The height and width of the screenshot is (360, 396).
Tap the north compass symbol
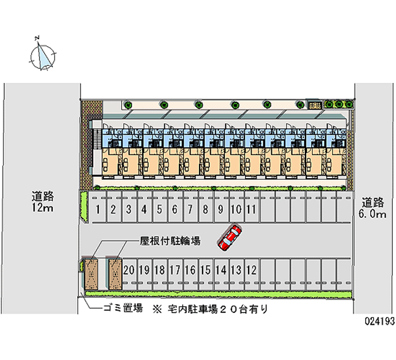[44, 54]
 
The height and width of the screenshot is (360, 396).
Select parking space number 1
[99, 209]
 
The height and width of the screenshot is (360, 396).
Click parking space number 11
[251, 209]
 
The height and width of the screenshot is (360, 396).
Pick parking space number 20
[129, 270]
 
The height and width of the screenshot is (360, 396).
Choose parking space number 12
[251, 270]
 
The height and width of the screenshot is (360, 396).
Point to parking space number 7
[190, 209]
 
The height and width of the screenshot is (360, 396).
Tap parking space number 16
[190, 270]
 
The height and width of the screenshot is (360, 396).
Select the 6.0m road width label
[373, 208]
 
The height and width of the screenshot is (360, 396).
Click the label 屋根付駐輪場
[170, 241]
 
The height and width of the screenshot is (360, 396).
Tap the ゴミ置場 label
[122, 309]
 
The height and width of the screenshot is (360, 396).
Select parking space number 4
[144, 209]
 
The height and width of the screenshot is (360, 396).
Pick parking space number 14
[221, 270]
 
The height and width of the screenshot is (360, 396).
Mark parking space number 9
[221, 209]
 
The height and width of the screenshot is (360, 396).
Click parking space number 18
[159, 270]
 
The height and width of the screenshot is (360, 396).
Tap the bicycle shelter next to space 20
[115, 274]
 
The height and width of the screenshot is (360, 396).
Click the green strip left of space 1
[84, 207]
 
